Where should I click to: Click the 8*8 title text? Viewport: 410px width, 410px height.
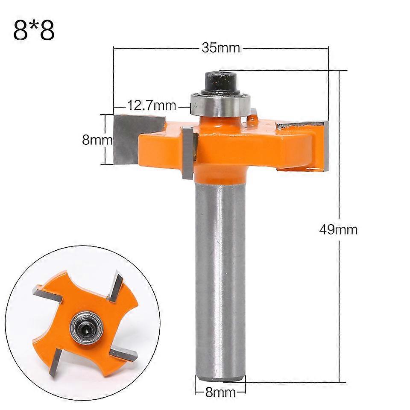pyautogui.click(x=34, y=30)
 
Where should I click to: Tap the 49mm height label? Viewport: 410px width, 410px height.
pyautogui.click(x=338, y=229)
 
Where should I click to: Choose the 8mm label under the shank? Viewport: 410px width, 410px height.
pyautogui.click(x=220, y=392)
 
